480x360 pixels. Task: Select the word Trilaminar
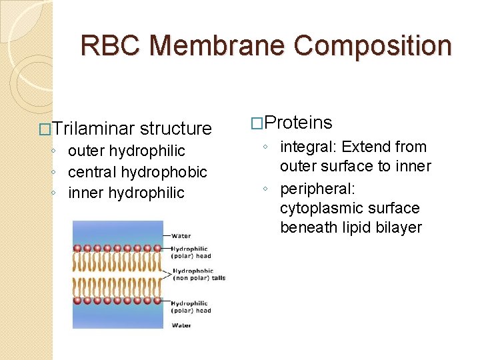pos(93,128)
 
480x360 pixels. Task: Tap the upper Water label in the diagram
pos(181,235)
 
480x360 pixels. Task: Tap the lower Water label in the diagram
pos(181,325)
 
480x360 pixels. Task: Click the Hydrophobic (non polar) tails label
pos(199,275)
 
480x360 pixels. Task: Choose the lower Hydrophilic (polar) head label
pos(191,307)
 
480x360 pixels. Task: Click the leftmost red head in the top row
pos(77,249)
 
